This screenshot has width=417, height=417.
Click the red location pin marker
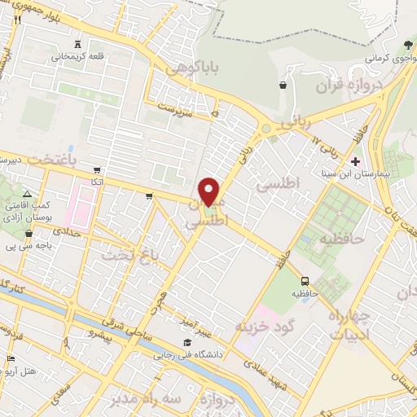pyautogui.click(x=210, y=191)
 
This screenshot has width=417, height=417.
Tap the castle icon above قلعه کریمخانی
pyautogui.click(x=77, y=43)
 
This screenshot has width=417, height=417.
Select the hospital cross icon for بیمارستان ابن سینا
pyautogui.click(x=355, y=160)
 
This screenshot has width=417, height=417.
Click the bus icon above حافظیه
pyautogui.click(x=305, y=281)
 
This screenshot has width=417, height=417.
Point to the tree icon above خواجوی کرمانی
pyautogui.click(x=406, y=44)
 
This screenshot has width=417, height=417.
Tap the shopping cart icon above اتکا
pyautogui.click(x=97, y=171)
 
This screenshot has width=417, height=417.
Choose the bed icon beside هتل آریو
pyautogui.click(x=11, y=358)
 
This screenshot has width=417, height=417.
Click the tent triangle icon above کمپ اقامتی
pyautogui.click(x=27, y=195)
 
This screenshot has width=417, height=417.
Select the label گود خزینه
pyautogui.click(x=263, y=327)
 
